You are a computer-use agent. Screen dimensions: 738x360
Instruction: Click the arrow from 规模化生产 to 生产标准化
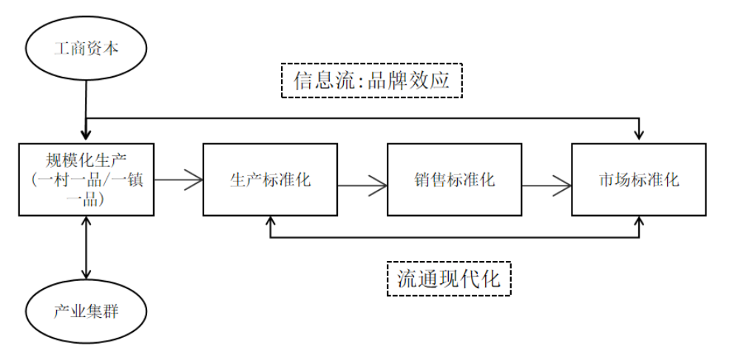pos(178,180)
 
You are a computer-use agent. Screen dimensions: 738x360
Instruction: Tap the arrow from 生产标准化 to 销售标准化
pos(362,186)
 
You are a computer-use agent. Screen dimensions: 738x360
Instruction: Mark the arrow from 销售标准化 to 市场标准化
pos(546,186)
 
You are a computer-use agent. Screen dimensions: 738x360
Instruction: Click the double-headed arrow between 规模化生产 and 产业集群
pos(86,248)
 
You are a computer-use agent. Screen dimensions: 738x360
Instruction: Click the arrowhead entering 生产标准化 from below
pos(270,221)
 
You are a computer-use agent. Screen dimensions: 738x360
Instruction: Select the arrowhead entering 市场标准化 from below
pos(639,221)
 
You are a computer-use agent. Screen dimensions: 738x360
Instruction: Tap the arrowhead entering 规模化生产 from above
pos(86,135)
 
